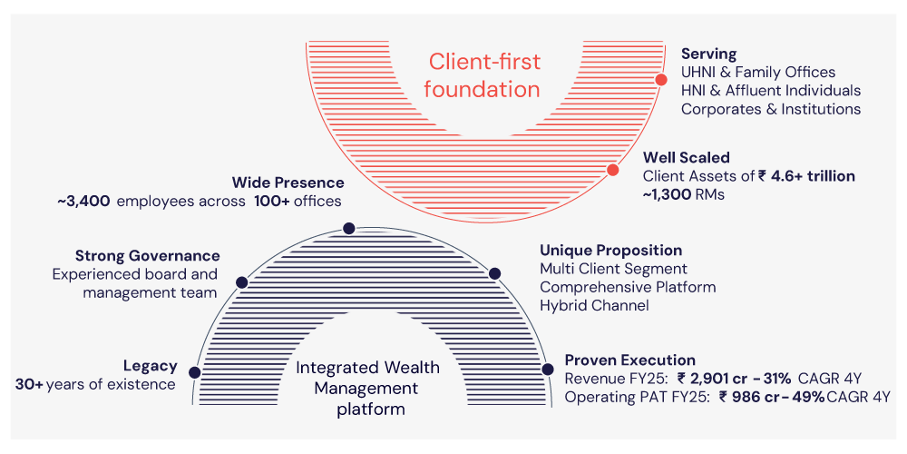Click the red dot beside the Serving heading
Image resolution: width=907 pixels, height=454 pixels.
pyautogui.click(x=661, y=80)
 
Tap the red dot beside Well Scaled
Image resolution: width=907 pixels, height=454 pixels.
pyautogui.click(x=612, y=170)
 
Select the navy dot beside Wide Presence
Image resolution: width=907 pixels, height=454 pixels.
pyautogui.click(x=347, y=229)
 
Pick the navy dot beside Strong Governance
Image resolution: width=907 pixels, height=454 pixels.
pyautogui.click(x=241, y=282)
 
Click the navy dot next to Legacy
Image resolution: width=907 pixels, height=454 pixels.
pyautogui.click(x=194, y=371)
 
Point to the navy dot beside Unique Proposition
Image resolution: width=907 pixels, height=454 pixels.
pyautogui.click(x=494, y=273)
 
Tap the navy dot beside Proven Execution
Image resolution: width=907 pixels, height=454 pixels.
pyautogui.click(x=547, y=369)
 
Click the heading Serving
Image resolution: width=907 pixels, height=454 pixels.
pyautogui.click(x=708, y=54)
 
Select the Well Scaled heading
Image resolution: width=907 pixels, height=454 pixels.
pyautogui.click(x=686, y=158)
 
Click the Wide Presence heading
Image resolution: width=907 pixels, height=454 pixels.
pyautogui.click(x=288, y=183)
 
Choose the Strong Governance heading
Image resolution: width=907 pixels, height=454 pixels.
pyautogui.click(x=147, y=256)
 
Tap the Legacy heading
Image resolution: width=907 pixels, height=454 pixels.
pyautogui.click(x=150, y=366)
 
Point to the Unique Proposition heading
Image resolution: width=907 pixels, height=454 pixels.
pyautogui.click(x=610, y=250)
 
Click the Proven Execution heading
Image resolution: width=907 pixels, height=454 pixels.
pyautogui.click(x=629, y=360)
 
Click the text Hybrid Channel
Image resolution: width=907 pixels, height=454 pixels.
pyautogui.click(x=594, y=305)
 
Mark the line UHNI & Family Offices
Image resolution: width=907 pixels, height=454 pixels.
pyautogui.click(x=757, y=73)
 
